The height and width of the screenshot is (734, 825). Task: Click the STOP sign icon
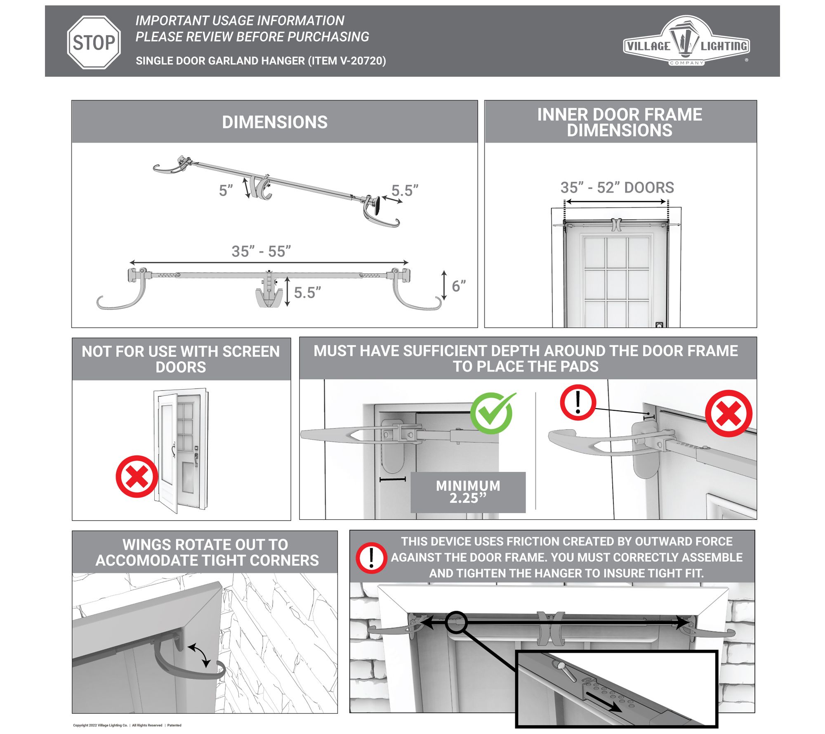click(94, 43)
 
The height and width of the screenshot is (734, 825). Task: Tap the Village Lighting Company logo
click(686, 41)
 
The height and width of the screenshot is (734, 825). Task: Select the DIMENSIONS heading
click(275, 122)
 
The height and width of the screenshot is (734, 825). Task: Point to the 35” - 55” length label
click(261, 251)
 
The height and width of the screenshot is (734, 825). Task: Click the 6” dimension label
click(459, 286)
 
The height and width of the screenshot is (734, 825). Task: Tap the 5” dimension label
click(226, 191)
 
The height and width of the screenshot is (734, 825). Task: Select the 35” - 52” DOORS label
click(617, 187)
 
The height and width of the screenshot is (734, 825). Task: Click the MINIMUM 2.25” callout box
click(468, 492)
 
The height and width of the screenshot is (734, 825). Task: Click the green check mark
click(492, 412)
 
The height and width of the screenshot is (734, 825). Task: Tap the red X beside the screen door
click(137, 476)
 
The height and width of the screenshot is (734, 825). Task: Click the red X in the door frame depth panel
click(728, 413)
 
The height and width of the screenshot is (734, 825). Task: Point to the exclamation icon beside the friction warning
click(371, 558)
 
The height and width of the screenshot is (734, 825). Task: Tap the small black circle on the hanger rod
click(456, 622)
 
